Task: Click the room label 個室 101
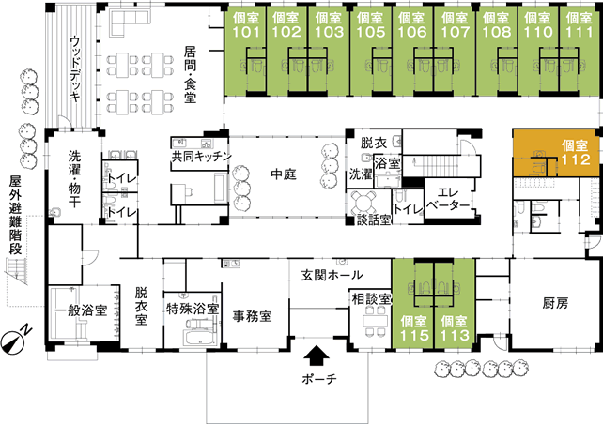246,25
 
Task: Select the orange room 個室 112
557,153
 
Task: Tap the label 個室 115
414,328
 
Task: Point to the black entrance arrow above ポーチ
317,356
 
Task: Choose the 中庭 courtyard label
284,174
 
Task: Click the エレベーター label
448,198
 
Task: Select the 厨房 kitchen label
555,304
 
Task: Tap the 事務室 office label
253,316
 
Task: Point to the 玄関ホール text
332,275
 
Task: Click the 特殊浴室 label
193,309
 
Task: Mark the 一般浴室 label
81,310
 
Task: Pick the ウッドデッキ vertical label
75,68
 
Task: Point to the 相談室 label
371,299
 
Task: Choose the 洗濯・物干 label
74,178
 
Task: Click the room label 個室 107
455,25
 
